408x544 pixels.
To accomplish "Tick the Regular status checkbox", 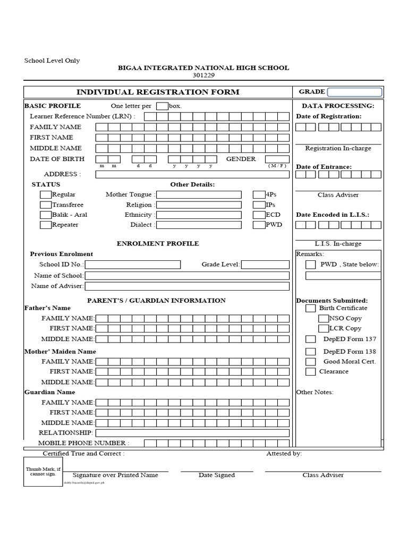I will [x=46, y=195].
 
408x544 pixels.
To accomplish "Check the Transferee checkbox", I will [x=46, y=205].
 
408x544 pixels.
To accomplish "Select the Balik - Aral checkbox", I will [x=46, y=215].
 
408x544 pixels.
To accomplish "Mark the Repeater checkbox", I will [x=46, y=225].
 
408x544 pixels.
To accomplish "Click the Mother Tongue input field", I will [x=199, y=195].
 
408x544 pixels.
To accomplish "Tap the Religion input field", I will [x=199, y=205].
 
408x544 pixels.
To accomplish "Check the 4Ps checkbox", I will [x=259, y=195].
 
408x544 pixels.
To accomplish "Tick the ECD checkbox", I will [x=259, y=215].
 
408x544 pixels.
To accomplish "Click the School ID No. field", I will [x=133, y=265].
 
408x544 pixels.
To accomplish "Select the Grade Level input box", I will [x=265, y=265].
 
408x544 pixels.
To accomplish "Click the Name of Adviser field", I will [x=187, y=286].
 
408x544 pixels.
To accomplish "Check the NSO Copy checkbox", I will [x=323, y=319].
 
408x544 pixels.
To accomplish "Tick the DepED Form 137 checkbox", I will [x=310, y=339].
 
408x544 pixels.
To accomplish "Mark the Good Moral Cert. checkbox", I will [x=310, y=362].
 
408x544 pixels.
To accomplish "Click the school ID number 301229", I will [x=203, y=75].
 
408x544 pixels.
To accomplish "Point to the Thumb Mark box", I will [x=44, y=471].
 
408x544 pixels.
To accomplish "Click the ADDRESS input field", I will [x=192, y=174].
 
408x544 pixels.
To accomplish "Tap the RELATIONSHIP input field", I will [x=192, y=433].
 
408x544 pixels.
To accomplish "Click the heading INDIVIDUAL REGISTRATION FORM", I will [x=158, y=92].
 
